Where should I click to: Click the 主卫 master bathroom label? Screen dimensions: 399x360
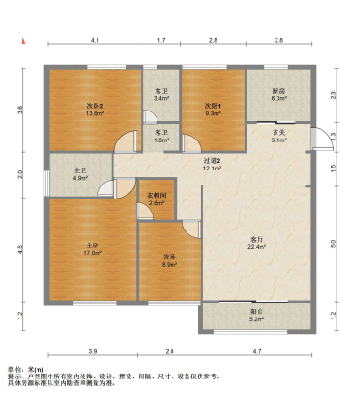[x=80, y=173]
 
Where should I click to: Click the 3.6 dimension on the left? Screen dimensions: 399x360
[x=19, y=109]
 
